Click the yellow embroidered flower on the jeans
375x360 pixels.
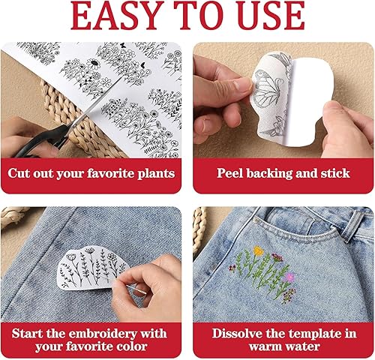[259, 250]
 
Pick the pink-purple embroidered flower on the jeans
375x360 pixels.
[290, 277]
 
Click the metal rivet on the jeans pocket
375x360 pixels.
[256, 220]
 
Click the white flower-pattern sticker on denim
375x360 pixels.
[92, 268]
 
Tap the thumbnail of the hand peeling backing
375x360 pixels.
[283, 100]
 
